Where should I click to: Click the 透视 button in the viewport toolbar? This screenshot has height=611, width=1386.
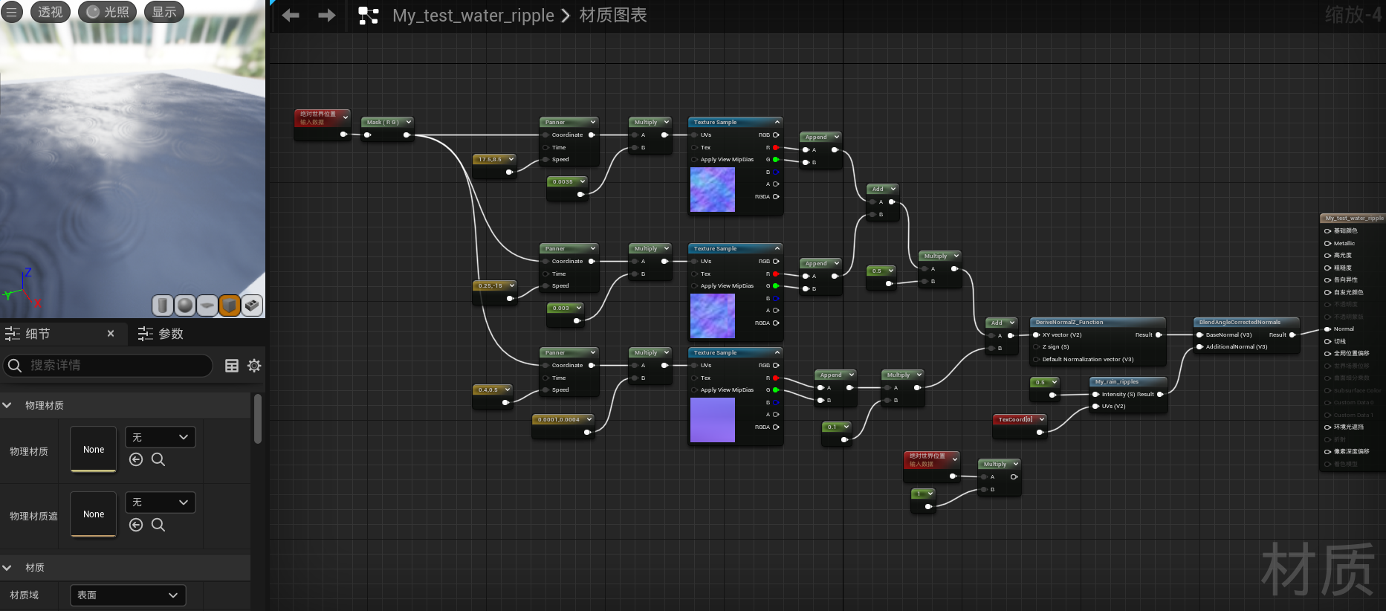click(x=50, y=12)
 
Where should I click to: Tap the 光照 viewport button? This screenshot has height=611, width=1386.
click(x=108, y=12)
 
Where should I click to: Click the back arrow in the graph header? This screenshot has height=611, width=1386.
click(x=291, y=15)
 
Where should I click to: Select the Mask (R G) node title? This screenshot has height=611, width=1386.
click(x=383, y=122)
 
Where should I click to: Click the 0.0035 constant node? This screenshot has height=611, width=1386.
click(x=563, y=182)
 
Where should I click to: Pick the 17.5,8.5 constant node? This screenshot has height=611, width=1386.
click(x=490, y=160)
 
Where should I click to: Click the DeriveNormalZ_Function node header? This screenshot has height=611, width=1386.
click(x=1069, y=323)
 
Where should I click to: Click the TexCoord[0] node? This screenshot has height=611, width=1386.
click(x=1015, y=420)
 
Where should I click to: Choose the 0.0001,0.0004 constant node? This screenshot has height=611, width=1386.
click(x=559, y=420)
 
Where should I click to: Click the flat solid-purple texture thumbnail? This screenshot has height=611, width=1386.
click(x=712, y=420)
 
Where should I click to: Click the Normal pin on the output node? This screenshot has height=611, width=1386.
click(x=1343, y=329)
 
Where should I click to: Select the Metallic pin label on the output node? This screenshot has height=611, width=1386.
click(x=1344, y=243)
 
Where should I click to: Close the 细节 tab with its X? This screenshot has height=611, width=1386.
click(x=111, y=334)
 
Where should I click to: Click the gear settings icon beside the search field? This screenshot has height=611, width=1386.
click(x=254, y=366)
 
